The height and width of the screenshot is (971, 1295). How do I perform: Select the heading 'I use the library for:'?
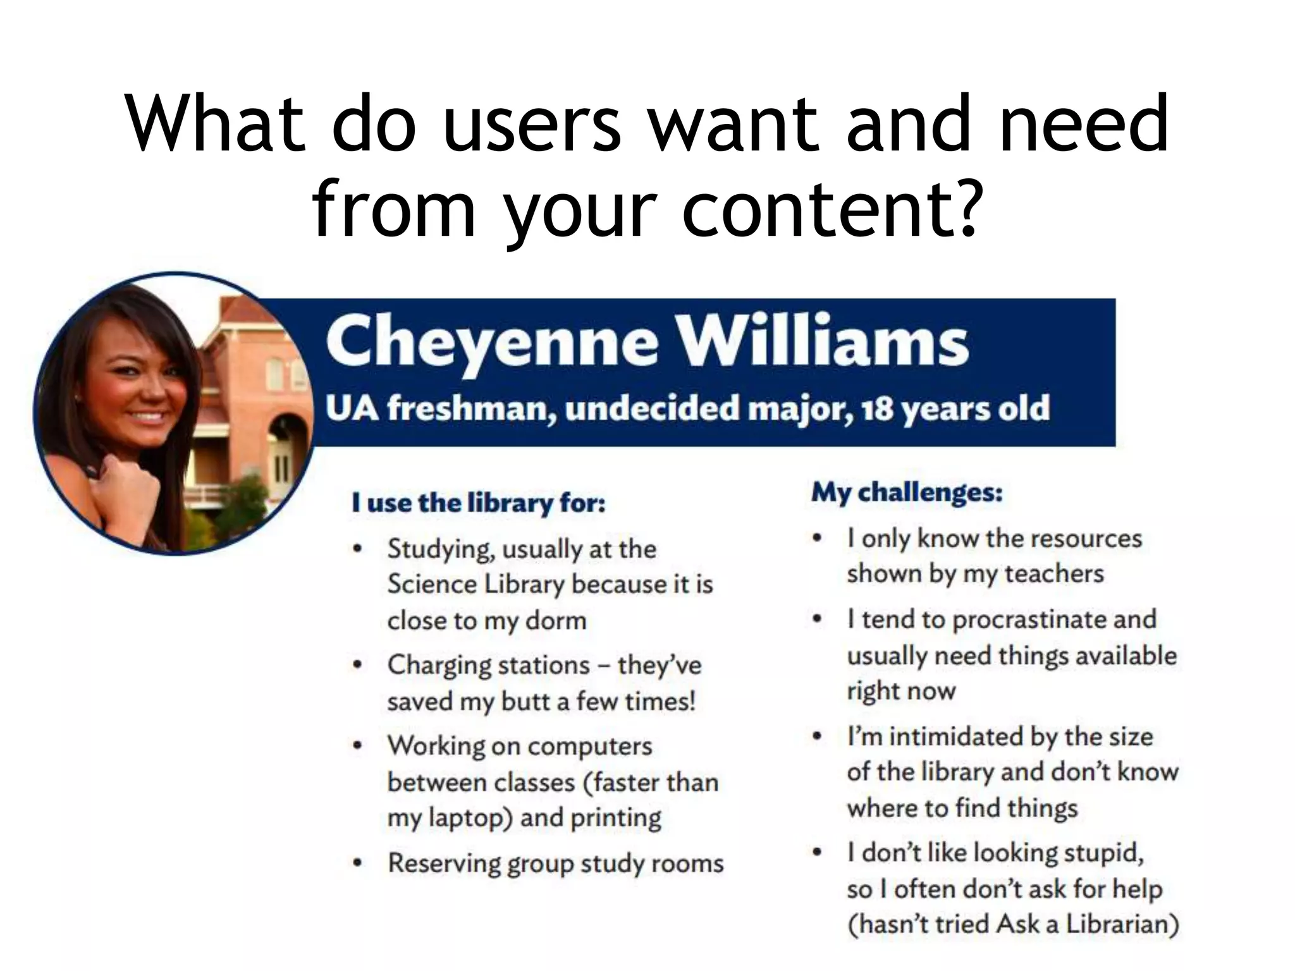pyautogui.click(x=479, y=503)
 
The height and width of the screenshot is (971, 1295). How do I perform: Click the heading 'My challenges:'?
pyautogui.click(x=907, y=492)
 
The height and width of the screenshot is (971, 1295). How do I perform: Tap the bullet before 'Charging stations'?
pyautogui.click(x=358, y=665)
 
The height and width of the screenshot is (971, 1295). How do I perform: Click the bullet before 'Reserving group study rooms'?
pyautogui.click(x=358, y=863)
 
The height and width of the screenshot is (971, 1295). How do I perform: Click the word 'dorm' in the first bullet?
pyautogui.click(x=556, y=621)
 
